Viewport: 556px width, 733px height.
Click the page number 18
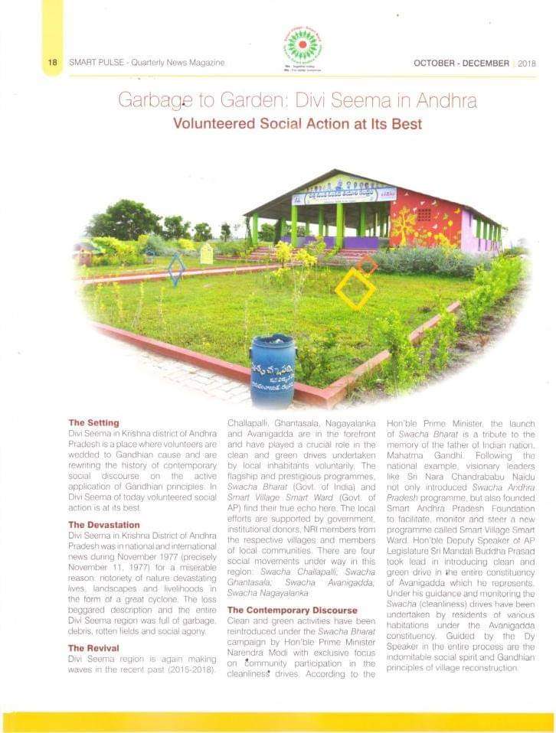click(x=52, y=63)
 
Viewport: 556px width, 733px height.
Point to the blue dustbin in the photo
click(x=273, y=370)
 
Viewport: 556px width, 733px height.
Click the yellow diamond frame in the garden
click(x=355, y=288)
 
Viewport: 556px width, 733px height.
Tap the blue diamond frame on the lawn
click(x=177, y=269)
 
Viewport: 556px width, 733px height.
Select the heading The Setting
click(x=93, y=422)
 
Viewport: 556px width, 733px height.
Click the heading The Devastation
click(x=104, y=525)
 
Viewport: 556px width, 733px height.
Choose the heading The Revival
click(x=94, y=648)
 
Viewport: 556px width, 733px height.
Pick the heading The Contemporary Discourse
click(x=292, y=610)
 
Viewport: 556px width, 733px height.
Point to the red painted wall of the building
click(x=425, y=218)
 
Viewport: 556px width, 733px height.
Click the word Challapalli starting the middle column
click(x=249, y=422)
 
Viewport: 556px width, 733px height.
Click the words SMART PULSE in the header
click(x=97, y=63)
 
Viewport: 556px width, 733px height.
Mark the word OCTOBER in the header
click(x=438, y=64)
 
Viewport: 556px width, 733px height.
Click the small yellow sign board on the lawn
click(x=206, y=253)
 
